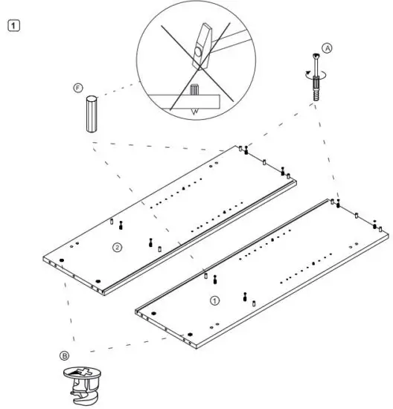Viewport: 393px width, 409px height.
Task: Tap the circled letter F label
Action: click(77, 88)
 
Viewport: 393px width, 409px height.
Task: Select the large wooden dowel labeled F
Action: click(90, 115)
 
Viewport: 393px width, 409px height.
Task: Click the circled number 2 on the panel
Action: click(116, 246)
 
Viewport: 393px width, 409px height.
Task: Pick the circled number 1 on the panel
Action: click(215, 301)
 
